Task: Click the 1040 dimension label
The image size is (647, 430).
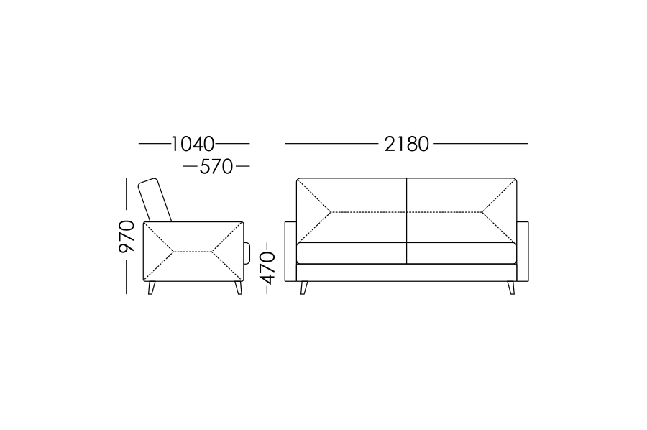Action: click(193, 144)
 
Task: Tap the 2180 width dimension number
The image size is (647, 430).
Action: click(406, 144)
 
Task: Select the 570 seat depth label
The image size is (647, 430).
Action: click(216, 167)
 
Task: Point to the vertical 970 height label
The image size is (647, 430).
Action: click(127, 237)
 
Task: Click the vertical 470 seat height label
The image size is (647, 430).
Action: click(268, 268)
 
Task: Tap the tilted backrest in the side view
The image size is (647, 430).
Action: click(155, 200)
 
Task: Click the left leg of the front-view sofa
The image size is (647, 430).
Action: click(304, 288)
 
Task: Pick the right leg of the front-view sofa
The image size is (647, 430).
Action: click(511, 288)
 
